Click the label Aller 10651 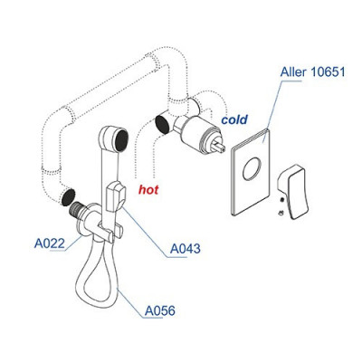312,72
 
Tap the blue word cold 234,119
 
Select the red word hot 148,190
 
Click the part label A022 50,243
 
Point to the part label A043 185,249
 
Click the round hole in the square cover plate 251,168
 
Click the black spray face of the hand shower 121,140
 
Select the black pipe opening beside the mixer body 162,124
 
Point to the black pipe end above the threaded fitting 68,197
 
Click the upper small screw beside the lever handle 281,199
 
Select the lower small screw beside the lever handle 281,213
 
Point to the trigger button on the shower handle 116,196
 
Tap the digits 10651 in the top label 328,72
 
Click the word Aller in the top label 293,72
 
